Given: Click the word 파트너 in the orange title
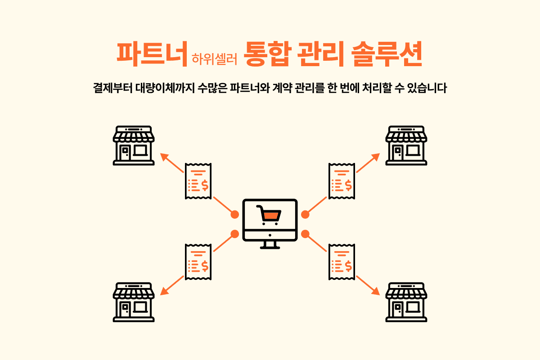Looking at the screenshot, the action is coord(152,54).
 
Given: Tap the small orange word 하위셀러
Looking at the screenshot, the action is coord(214,59).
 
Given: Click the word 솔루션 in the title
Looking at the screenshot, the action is coord(387,54).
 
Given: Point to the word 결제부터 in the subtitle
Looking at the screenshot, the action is coord(113,88).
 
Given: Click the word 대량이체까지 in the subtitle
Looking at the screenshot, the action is coord(165,88).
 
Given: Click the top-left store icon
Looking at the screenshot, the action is coord(134,145).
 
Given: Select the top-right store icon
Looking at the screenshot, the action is coord(406,145).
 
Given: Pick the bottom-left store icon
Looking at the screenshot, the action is coord(134,302).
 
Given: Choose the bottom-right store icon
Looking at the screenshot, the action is coord(406,302).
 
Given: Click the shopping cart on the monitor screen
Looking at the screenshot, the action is coord(269,215).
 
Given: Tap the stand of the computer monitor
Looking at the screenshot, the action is coord(270,245).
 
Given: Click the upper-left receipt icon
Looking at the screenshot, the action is coord(198,181).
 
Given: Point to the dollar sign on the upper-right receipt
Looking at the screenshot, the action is coord(348,185).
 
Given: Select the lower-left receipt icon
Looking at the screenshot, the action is coord(198,262).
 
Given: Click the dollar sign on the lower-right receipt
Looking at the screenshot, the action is coord(348,266).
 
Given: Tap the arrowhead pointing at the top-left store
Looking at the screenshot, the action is coord(164,157).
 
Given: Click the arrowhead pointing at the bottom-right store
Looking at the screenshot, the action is coord(376,291).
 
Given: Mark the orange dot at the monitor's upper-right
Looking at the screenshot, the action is coord(305,214).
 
